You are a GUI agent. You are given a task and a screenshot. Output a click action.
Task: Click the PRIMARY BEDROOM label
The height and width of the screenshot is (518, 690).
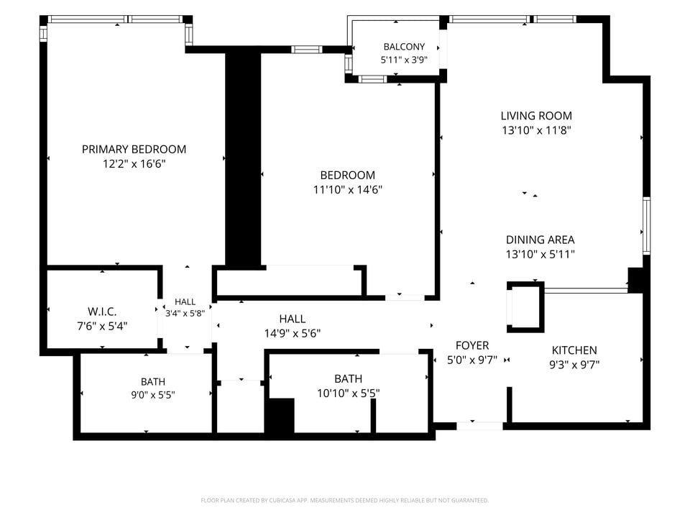pos(134,150)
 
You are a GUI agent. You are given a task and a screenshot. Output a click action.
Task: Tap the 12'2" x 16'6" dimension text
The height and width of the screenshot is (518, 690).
pos(134,164)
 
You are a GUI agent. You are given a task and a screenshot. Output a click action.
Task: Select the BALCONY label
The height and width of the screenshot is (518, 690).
pos(404,47)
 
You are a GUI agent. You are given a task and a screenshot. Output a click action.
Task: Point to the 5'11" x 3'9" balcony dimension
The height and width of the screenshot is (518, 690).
pos(404,60)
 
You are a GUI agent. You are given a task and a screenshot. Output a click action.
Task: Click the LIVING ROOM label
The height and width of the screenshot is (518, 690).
pos(536,116)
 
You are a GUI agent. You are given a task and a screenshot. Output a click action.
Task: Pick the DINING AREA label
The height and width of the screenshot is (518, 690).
pos(540,240)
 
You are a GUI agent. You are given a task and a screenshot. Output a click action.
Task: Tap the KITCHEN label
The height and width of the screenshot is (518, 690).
pos(574,350)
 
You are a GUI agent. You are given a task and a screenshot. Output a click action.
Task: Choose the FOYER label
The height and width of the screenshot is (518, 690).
pos(472,346)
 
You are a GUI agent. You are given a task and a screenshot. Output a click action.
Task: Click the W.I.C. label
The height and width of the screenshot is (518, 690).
pos(102,312)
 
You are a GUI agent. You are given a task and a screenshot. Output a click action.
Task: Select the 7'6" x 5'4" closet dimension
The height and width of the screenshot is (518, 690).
pos(102,327)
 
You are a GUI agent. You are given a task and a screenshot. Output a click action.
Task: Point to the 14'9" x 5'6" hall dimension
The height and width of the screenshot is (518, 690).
pos(293,333)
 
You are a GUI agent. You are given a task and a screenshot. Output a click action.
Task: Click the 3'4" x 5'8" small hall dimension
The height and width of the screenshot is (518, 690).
pos(185,314)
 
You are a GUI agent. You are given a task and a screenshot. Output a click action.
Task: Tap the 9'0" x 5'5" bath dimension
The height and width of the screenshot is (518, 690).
pos(153,395)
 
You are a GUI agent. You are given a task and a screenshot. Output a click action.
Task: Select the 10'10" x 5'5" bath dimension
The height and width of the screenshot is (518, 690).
pos(348,393)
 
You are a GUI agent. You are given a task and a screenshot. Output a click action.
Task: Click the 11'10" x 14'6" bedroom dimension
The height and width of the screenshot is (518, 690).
pos(348,190)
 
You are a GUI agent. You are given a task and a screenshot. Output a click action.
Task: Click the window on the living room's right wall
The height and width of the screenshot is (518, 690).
pos(646,225)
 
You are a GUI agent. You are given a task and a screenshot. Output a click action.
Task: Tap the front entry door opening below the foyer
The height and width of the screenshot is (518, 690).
pos(479,426)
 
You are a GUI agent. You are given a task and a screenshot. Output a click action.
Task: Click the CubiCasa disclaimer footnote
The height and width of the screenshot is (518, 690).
pos(344,501)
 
